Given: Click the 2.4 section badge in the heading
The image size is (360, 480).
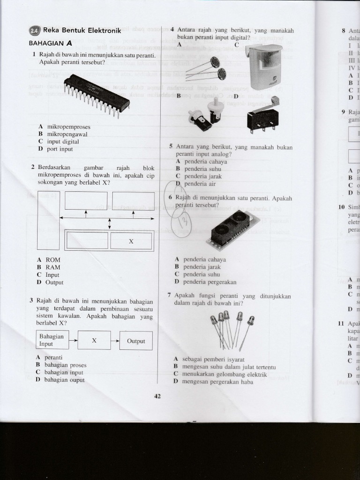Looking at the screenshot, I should [35, 31].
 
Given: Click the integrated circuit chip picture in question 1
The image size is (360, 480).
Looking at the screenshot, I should [97, 94].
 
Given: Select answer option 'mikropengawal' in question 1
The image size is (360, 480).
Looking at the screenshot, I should [67, 134].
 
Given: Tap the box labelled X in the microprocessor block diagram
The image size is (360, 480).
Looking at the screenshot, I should [131, 241].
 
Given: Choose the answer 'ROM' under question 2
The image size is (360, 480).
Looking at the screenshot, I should [52, 260].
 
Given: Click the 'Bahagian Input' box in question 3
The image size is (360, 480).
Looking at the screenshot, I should [52, 340].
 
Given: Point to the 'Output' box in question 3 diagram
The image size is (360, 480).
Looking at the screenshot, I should [136, 341].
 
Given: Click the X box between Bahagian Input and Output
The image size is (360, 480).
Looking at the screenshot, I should [94, 340].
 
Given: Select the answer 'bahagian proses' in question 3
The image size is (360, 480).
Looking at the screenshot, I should [65, 365].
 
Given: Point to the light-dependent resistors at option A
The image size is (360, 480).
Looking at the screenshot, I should [206, 69].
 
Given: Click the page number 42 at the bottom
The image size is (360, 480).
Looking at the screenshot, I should [157, 396].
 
